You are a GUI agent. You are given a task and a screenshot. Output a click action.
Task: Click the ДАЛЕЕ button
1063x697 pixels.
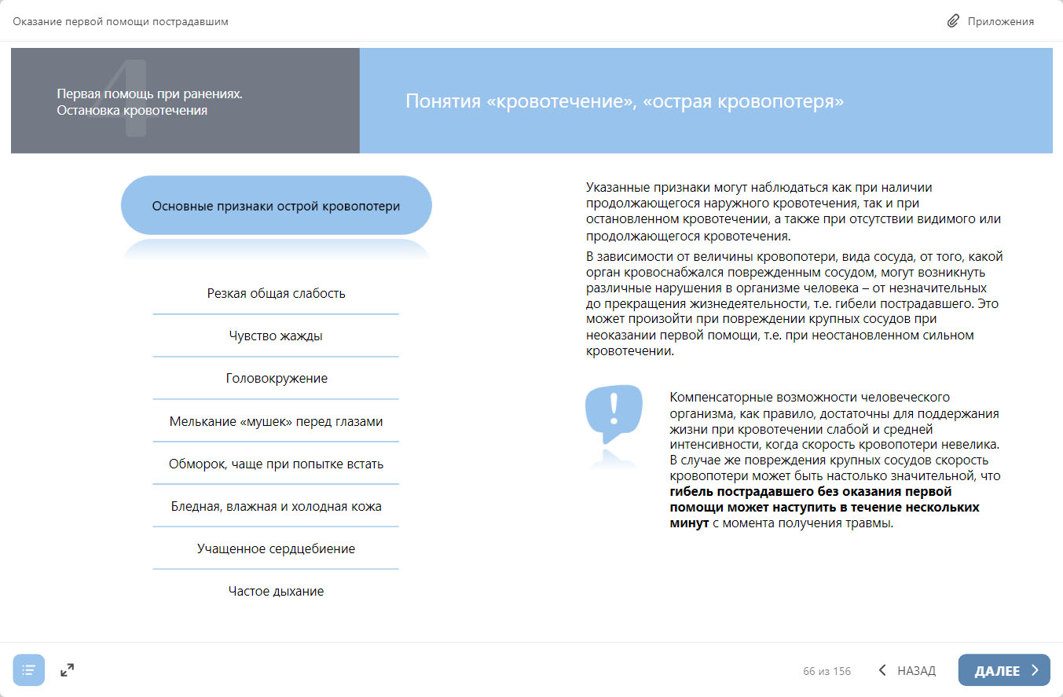(x=1004, y=670)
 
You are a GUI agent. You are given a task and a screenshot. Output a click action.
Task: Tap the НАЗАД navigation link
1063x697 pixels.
(x=907, y=670)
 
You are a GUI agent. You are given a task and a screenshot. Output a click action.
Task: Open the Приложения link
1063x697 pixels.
(x=1000, y=21)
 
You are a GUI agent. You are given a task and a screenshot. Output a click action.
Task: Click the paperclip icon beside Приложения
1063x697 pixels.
(x=953, y=21)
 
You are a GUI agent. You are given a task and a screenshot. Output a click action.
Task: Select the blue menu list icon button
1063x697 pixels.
(x=29, y=670)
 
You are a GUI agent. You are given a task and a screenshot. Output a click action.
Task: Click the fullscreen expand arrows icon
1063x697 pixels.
(x=68, y=670)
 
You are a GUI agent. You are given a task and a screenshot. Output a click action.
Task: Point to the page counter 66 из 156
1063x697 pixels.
(x=827, y=671)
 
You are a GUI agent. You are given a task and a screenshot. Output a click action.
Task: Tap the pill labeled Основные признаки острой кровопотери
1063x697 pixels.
(x=276, y=206)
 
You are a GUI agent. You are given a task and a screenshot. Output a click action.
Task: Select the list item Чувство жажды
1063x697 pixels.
(x=276, y=336)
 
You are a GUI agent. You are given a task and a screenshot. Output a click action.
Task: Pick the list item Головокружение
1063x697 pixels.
(x=276, y=378)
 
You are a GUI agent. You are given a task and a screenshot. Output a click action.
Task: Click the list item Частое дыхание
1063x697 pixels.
(x=276, y=591)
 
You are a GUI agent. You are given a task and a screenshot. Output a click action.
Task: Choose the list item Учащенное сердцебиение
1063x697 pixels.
(x=276, y=548)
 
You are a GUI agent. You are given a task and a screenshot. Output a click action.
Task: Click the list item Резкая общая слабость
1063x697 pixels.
(x=276, y=293)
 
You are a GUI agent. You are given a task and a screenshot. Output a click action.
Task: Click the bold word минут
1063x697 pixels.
(x=689, y=523)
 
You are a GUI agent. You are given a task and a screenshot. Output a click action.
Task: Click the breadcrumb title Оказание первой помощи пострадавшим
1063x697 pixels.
(x=120, y=21)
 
